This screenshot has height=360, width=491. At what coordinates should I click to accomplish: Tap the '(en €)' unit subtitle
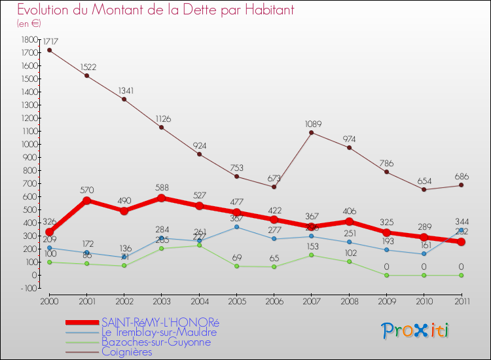(x=29, y=24)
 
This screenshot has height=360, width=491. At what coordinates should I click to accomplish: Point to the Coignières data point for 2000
(x=49, y=50)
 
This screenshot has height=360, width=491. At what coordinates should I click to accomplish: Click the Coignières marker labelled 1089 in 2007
(x=312, y=133)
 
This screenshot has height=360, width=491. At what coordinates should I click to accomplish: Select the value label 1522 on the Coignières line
(x=88, y=67)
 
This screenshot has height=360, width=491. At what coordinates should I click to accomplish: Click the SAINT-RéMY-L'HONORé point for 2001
(x=86, y=201)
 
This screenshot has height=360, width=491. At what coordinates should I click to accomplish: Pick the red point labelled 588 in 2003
(x=162, y=198)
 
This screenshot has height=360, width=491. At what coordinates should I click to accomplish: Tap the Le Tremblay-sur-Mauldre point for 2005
(x=236, y=227)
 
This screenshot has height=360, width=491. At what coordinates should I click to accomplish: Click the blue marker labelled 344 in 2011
(x=461, y=230)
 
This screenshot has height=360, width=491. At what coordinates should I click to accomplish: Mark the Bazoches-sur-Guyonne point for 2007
(x=312, y=255)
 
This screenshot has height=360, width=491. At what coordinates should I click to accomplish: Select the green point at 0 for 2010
(x=424, y=275)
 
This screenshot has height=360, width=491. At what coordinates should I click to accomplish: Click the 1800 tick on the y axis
(x=30, y=39)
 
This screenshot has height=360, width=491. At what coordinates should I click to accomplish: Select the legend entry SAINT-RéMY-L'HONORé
(x=161, y=322)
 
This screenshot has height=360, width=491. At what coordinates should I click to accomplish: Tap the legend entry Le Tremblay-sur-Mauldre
(x=159, y=332)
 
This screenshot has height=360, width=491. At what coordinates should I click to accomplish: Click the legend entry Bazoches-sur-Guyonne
(x=156, y=342)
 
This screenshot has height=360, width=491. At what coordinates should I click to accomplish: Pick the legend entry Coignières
(x=126, y=351)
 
